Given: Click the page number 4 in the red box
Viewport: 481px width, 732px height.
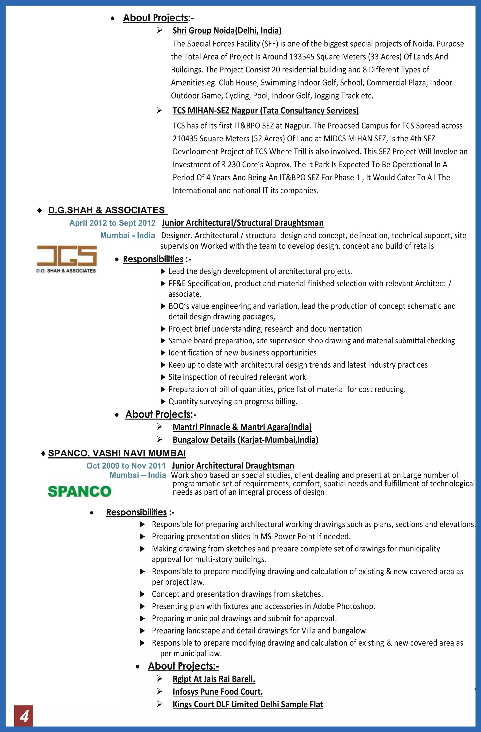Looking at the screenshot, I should pyautogui.click(x=24, y=716).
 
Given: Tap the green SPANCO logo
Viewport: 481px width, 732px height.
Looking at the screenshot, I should pyautogui.click(x=80, y=491).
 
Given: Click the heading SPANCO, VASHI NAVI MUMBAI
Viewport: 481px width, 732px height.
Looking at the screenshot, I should pyautogui.click(x=117, y=453).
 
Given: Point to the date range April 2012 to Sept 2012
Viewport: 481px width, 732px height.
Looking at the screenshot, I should pyautogui.click(x=112, y=223).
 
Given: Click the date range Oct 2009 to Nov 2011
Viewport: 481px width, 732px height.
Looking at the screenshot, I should pyautogui.click(x=126, y=466).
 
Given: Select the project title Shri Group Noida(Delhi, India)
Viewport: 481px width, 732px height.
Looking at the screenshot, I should pyautogui.click(x=227, y=30).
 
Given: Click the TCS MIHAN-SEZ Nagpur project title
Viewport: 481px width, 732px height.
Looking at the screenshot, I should pyautogui.click(x=265, y=111).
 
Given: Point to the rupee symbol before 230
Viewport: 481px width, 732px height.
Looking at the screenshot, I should pyautogui.click(x=224, y=165).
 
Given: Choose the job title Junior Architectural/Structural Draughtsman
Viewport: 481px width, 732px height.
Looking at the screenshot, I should pyautogui.click(x=242, y=223).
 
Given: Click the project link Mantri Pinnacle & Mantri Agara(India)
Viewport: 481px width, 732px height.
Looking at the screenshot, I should pyautogui.click(x=242, y=427).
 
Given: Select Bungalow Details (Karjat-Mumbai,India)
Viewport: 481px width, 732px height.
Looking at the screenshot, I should pyautogui.click(x=245, y=439).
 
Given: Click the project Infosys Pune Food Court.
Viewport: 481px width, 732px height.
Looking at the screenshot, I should pyautogui.click(x=217, y=692).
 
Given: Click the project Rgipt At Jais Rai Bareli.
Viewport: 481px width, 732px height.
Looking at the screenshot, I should pyautogui.click(x=214, y=679).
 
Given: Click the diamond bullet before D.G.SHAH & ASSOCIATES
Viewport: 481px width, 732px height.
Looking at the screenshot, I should pyautogui.click(x=39, y=210).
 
